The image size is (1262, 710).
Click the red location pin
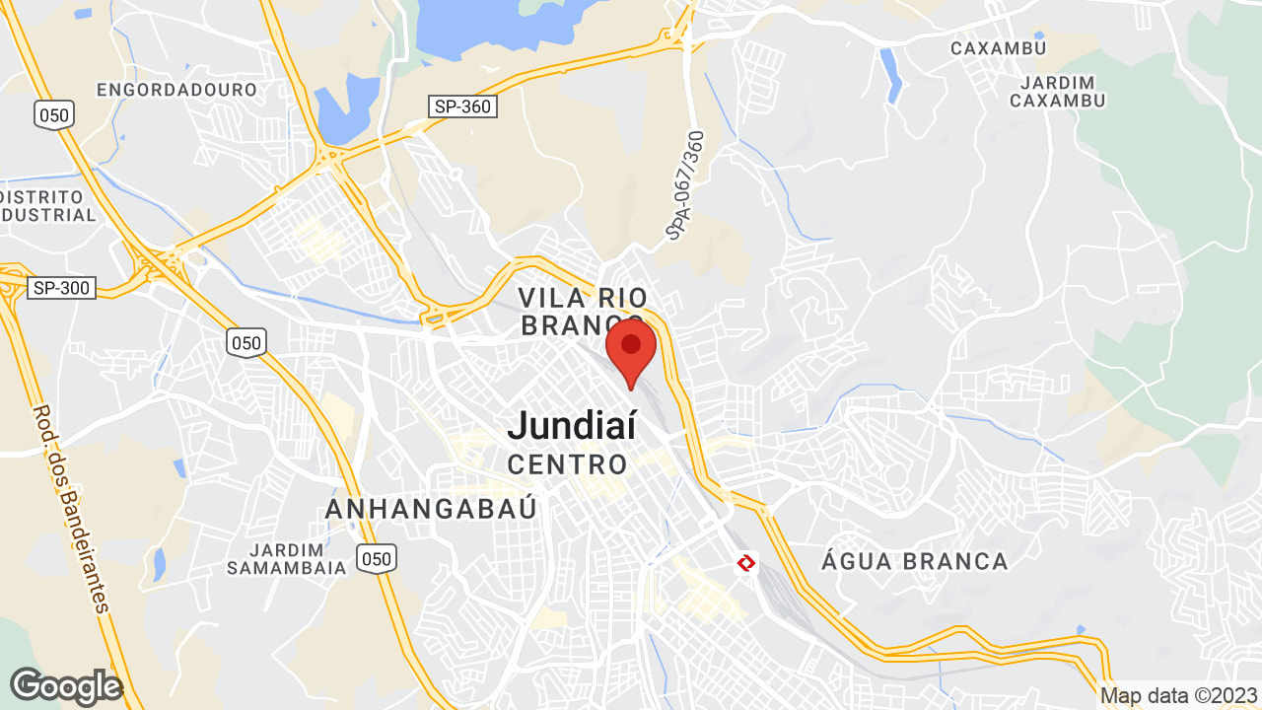[631, 351]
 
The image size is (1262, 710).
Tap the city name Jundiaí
[572, 426]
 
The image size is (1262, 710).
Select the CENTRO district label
[567, 463]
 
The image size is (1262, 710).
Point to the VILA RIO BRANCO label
[584, 311]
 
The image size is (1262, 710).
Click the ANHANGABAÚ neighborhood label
[432, 509]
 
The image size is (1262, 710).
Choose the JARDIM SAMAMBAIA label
[286, 558]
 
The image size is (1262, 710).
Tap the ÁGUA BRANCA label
[914, 562]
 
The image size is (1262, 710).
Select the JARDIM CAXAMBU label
[1058, 91]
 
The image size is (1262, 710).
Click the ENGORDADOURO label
[176, 90]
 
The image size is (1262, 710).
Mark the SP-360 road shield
[460, 106]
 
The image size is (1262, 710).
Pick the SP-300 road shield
[61, 288]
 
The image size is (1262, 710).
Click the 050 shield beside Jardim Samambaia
[377, 559]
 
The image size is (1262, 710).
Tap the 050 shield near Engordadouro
[53, 114]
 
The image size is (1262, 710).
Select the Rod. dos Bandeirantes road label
[72, 509]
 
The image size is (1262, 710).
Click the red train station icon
[745, 563]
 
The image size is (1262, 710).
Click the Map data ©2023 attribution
[1178, 696]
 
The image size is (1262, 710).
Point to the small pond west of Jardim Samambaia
[159, 564]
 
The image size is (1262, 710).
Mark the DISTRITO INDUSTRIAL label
[49, 205]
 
